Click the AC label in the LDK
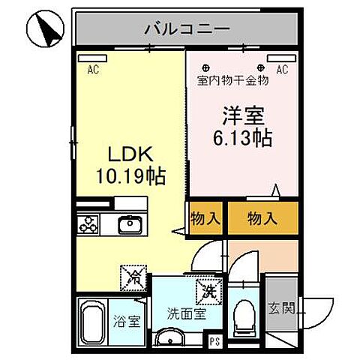pyautogui.click(x=94, y=71)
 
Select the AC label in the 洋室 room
pyautogui.click(x=282, y=70)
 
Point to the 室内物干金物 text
pyautogui.click(x=232, y=80)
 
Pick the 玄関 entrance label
pyautogui.click(x=283, y=307)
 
